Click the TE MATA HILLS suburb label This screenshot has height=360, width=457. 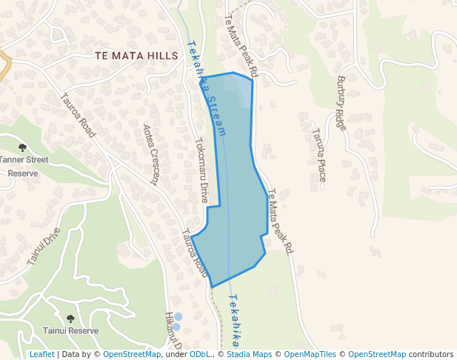[137, 56]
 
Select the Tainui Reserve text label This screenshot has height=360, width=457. [70, 331]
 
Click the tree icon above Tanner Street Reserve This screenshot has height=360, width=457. [22, 147]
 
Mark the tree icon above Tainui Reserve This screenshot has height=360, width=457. [70, 319]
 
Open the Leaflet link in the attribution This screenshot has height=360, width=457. [41, 354]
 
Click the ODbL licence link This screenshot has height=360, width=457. [199, 354]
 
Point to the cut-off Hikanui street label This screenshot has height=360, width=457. [173, 330]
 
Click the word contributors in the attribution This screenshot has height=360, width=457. [431, 354]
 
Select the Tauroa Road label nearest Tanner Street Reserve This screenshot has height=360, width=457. [78, 115]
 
